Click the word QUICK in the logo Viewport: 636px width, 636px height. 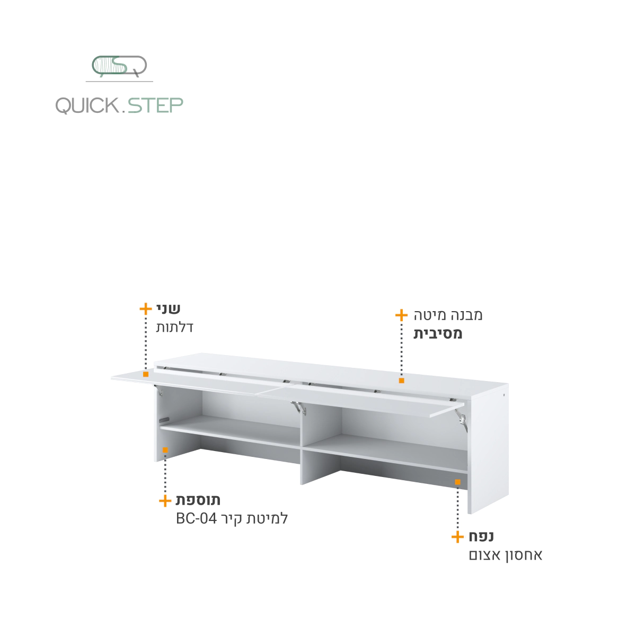(87, 105)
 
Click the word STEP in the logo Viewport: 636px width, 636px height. (155, 105)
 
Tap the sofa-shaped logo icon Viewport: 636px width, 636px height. (119, 66)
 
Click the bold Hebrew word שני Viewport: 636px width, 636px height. (169, 308)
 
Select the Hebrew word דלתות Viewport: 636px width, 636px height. (174, 327)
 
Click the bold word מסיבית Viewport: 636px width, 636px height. (438, 334)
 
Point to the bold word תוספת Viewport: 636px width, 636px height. (198, 500)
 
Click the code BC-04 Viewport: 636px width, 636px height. (197, 518)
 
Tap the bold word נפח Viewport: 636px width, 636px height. (481, 536)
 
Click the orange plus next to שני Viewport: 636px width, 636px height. (146, 309)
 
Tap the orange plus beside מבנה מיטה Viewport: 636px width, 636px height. (401, 315)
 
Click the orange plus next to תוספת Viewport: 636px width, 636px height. (165, 501)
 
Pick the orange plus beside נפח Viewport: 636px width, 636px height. (457, 537)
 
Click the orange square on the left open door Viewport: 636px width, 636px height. (146, 374)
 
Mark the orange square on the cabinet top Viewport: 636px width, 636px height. (402, 381)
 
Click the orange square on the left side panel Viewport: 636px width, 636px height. (165, 450)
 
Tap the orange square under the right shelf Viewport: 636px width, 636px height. (457, 482)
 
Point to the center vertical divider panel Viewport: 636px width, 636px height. (302, 446)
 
